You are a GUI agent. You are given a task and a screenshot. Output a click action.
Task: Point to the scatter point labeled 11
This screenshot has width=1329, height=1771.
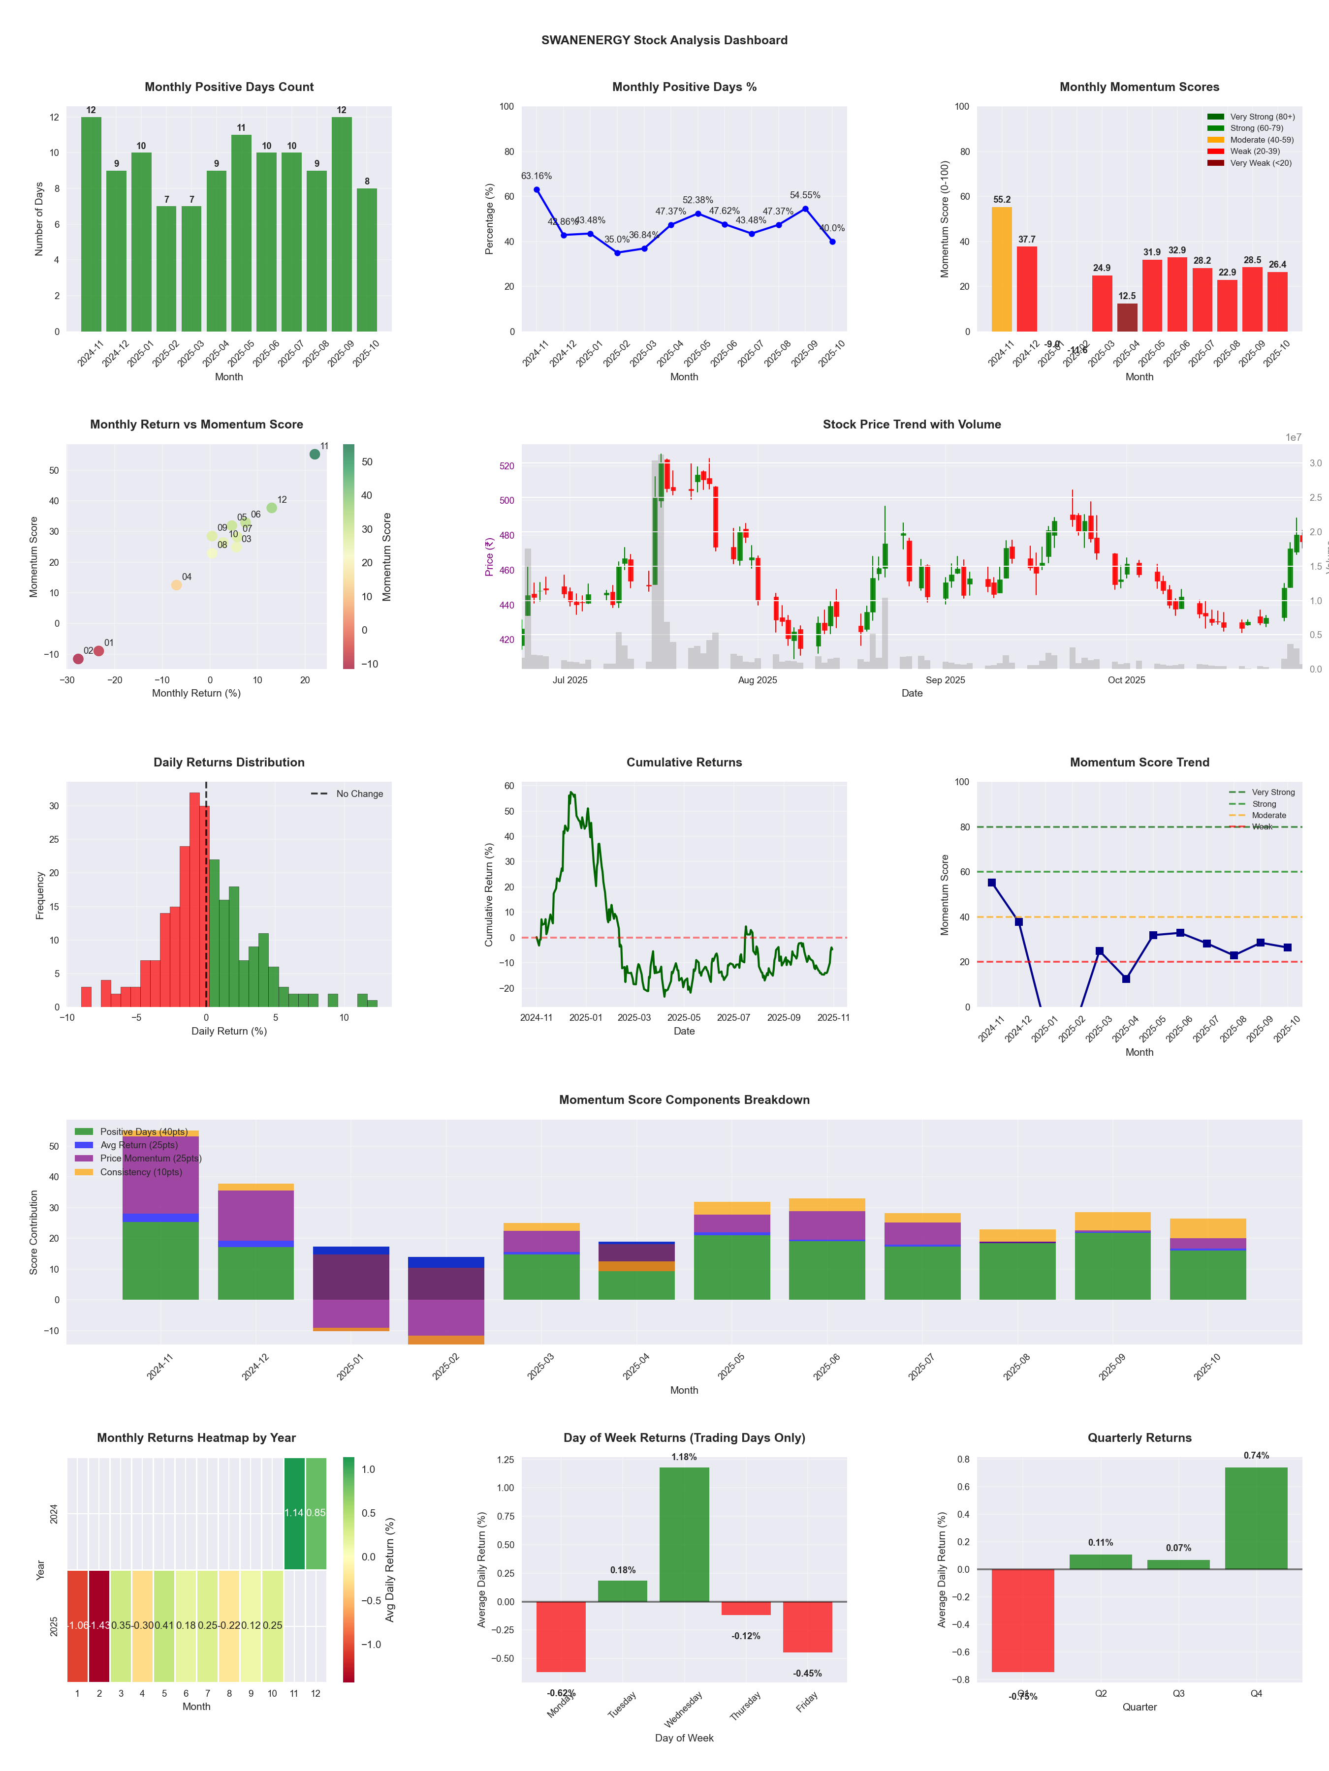315,454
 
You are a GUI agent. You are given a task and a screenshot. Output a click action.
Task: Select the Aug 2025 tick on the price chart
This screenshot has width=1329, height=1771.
757,680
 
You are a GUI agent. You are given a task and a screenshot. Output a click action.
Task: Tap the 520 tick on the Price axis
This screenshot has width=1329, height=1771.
506,465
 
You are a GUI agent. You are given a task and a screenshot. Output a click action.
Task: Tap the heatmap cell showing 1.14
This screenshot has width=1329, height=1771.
294,1512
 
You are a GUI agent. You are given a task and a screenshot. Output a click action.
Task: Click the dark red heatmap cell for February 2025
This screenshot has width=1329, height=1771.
99,1625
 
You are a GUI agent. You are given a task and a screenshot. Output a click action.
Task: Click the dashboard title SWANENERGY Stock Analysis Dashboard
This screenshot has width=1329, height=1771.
664,40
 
